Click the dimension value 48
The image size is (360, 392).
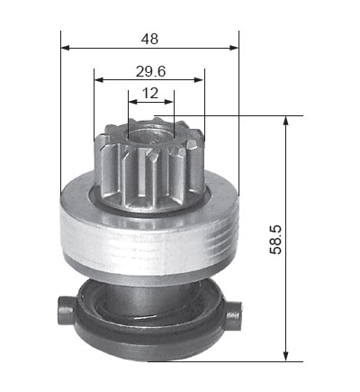[x=149, y=39]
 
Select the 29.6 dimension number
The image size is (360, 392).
[x=150, y=71]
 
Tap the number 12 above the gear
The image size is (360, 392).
[x=150, y=93]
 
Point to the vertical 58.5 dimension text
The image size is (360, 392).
[x=275, y=240]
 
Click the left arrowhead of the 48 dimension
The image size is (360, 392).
[x=65, y=48]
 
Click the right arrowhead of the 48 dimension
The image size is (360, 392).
[x=234, y=48]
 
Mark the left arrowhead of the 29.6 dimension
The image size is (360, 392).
[x=99, y=80]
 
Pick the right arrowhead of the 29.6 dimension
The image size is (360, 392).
[x=199, y=80]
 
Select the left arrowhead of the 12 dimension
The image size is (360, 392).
[x=132, y=102]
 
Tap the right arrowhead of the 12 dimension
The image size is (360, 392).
[x=169, y=102]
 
